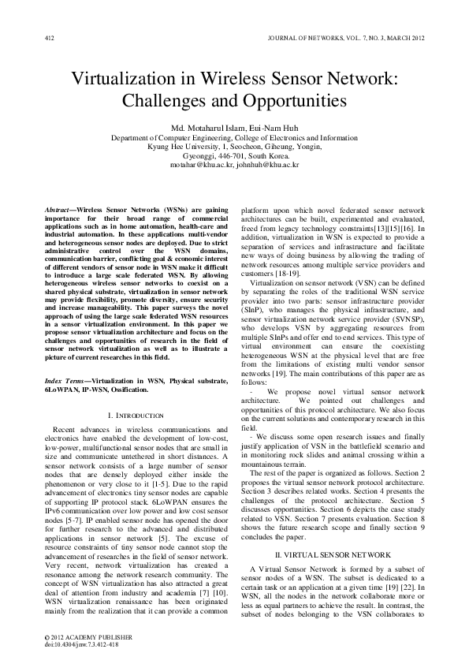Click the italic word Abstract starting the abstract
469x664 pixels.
pos(58,211)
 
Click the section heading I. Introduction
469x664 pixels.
pos(135,415)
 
